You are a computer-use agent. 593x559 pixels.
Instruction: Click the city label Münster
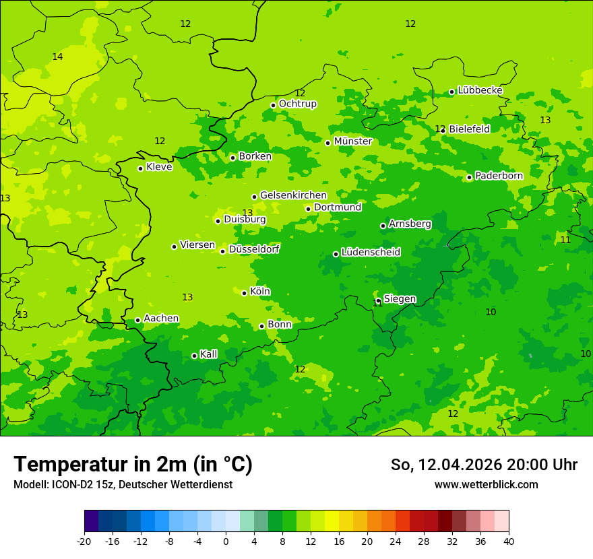coord(352,141)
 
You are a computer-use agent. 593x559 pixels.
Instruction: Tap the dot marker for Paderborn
coord(469,177)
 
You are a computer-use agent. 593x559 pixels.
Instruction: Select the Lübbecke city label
coord(480,90)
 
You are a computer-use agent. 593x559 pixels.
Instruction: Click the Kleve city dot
coord(140,168)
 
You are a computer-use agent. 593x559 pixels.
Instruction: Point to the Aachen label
coord(161,319)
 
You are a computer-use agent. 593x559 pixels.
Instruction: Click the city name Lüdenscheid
coord(371,253)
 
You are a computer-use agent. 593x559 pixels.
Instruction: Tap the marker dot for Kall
coord(194,356)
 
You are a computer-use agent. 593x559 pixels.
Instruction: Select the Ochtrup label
coord(297,104)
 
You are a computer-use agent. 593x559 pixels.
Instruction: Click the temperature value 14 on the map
coord(57,57)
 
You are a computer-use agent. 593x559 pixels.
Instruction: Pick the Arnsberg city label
coord(410,224)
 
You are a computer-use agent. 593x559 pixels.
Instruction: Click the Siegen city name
coord(400,299)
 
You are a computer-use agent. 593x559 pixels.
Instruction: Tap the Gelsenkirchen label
coord(293,195)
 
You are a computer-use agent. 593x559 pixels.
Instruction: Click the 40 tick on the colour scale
coord(508,541)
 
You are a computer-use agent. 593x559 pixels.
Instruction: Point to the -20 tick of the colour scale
coord(84,541)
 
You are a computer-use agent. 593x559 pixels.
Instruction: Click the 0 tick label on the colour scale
coord(226,541)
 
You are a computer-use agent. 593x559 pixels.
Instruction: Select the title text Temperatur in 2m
coord(101,464)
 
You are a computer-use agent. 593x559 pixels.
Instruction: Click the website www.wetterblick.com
coord(486,485)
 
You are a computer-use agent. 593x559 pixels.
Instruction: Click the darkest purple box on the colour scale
coord(91,521)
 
